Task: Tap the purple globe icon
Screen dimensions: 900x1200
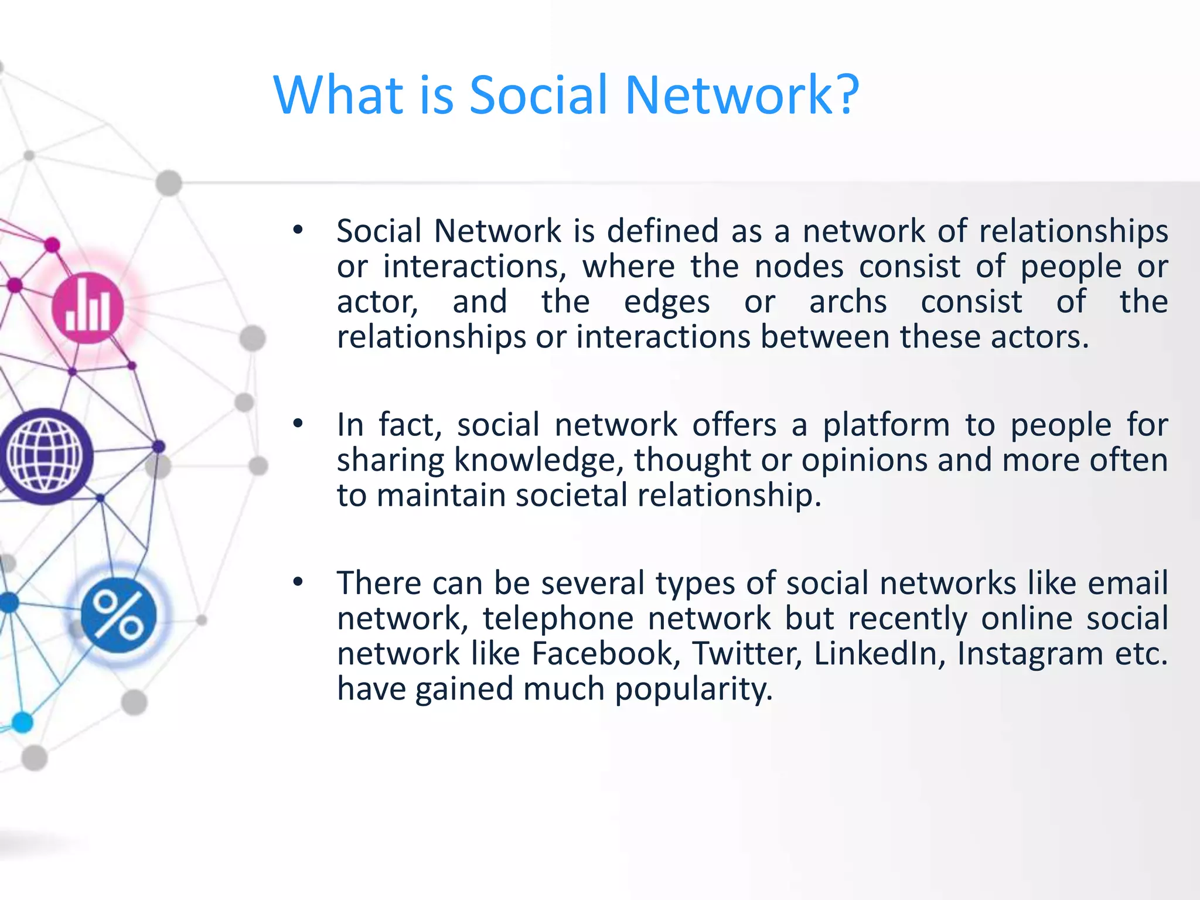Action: click(45, 456)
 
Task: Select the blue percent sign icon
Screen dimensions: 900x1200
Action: click(119, 615)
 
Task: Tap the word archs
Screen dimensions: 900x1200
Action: click(848, 302)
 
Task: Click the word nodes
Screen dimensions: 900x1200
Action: click(799, 267)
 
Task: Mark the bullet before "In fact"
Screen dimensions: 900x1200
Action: click(298, 424)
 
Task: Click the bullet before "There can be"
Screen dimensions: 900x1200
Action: click(298, 582)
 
